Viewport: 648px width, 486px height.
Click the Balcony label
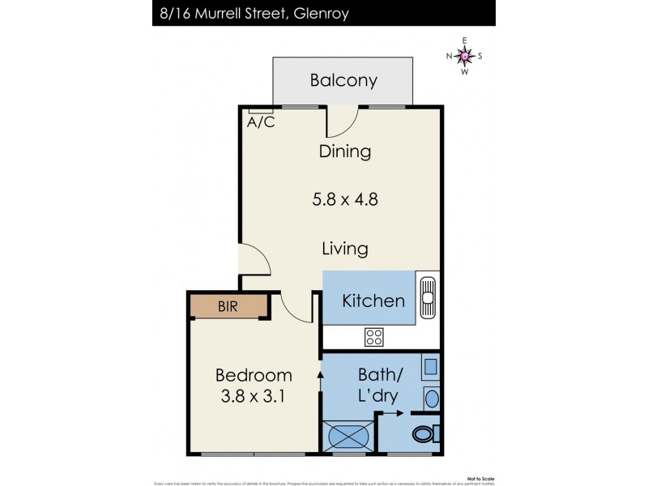(344, 80)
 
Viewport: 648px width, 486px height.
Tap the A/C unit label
(260, 123)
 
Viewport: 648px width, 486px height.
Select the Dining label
(345, 151)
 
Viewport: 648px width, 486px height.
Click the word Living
(345, 249)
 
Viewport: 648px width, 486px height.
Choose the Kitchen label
(373, 301)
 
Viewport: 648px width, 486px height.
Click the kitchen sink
(428, 300)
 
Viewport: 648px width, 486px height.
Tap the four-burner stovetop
(374, 336)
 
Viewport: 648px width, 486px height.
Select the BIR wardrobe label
(228, 306)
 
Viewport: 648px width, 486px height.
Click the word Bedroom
(254, 376)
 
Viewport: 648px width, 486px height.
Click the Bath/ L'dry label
(381, 387)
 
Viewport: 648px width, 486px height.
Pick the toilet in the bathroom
(424, 434)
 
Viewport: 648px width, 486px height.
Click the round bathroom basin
(431, 398)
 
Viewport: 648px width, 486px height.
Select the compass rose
(464, 56)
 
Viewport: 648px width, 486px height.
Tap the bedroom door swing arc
(293, 308)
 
